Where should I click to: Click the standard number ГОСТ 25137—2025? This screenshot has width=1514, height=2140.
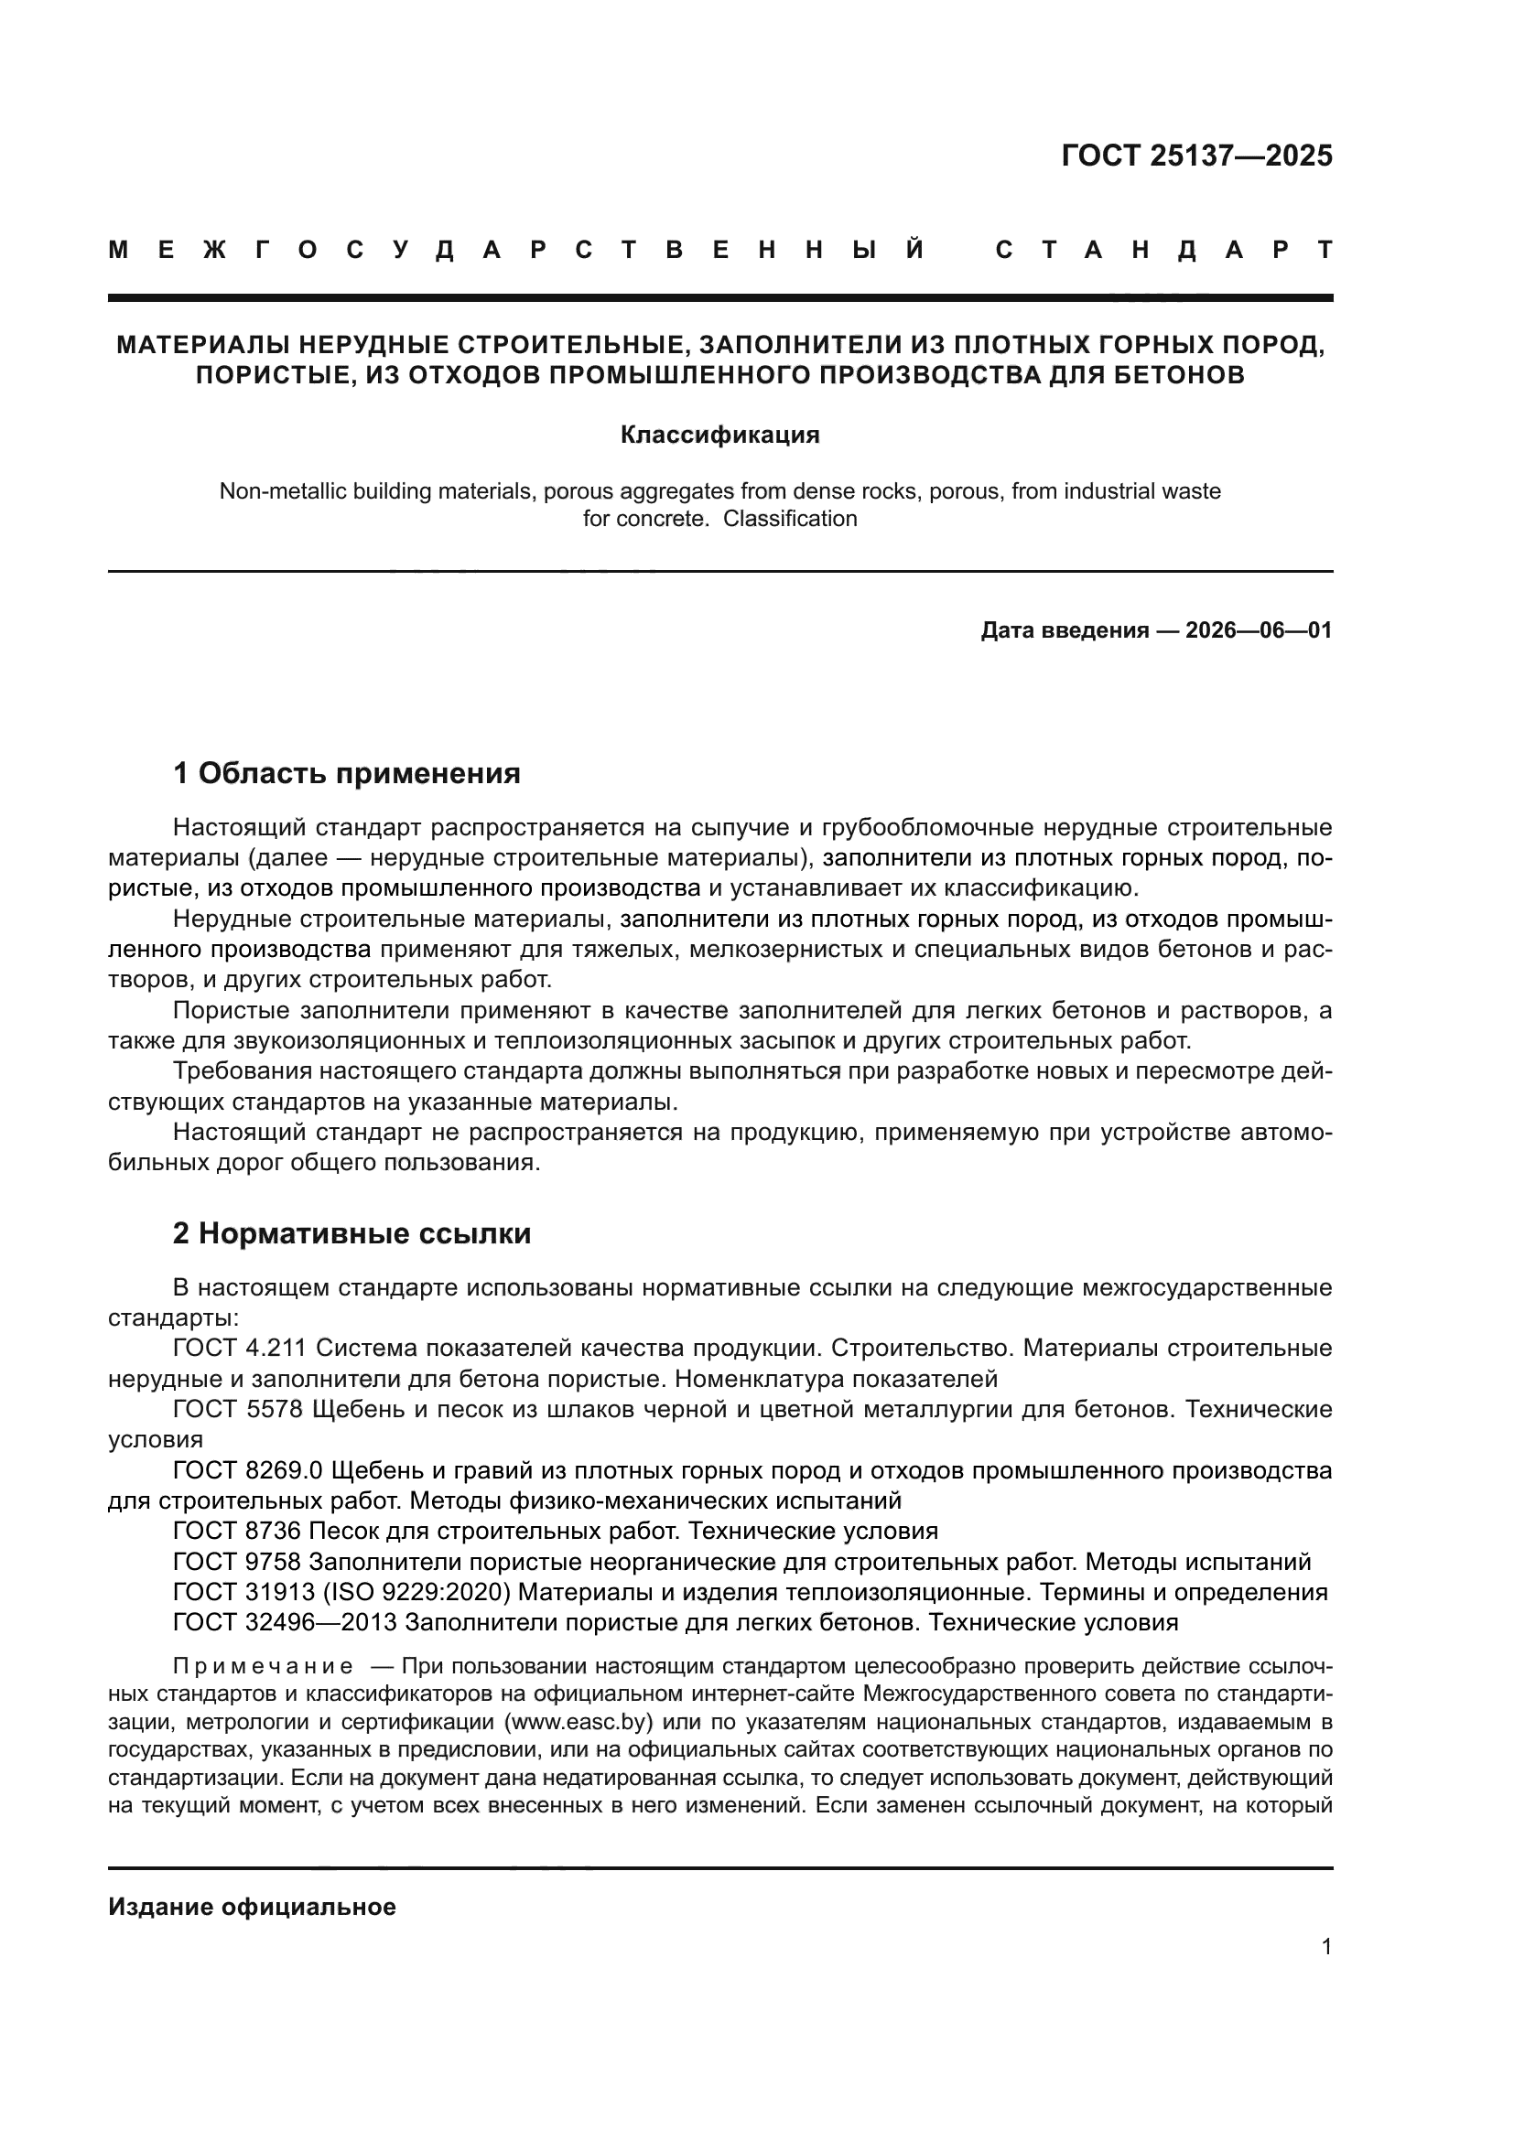pyautogui.click(x=1196, y=156)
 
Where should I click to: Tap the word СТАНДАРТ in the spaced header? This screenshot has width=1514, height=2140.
pyautogui.click(x=1163, y=250)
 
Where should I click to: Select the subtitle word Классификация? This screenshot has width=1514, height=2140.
pyautogui.click(x=719, y=436)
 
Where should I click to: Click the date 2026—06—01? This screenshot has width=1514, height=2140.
pyautogui.click(x=1259, y=631)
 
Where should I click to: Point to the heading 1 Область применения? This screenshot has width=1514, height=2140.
pyautogui.click(x=346, y=773)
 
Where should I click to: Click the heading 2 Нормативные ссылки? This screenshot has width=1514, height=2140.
pyautogui.click(x=351, y=1233)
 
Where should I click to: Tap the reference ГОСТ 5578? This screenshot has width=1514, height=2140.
pyautogui.click(x=238, y=1409)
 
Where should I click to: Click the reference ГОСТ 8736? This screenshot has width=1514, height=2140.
pyautogui.click(x=237, y=1531)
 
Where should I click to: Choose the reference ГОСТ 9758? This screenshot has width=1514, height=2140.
pyautogui.click(x=237, y=1561)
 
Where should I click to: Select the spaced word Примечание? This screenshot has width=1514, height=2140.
pyautogui.click(x=263, y=1666)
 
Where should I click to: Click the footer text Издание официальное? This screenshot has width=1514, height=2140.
pyautogui.click(x=252, y=1907)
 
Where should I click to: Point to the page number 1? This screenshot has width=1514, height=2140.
pyautogui.click(x=1325, y=1947)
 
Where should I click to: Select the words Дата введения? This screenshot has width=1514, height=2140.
pyautogui.click(x=1064, y=631)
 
